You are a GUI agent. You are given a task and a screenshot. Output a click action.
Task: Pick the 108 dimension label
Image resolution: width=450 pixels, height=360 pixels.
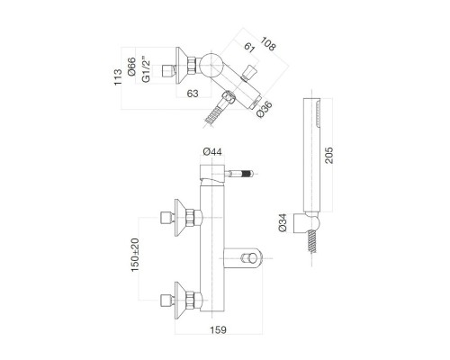coord(268,42)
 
